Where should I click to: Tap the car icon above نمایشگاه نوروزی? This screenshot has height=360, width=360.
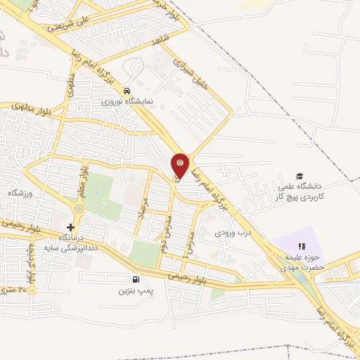126,91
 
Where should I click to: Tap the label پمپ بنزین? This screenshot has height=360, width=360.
134,290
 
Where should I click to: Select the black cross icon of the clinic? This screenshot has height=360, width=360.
70,227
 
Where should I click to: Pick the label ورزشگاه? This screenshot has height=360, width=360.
20,193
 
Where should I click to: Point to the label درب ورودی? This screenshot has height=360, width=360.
232,231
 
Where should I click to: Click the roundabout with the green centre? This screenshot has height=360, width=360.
78,208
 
